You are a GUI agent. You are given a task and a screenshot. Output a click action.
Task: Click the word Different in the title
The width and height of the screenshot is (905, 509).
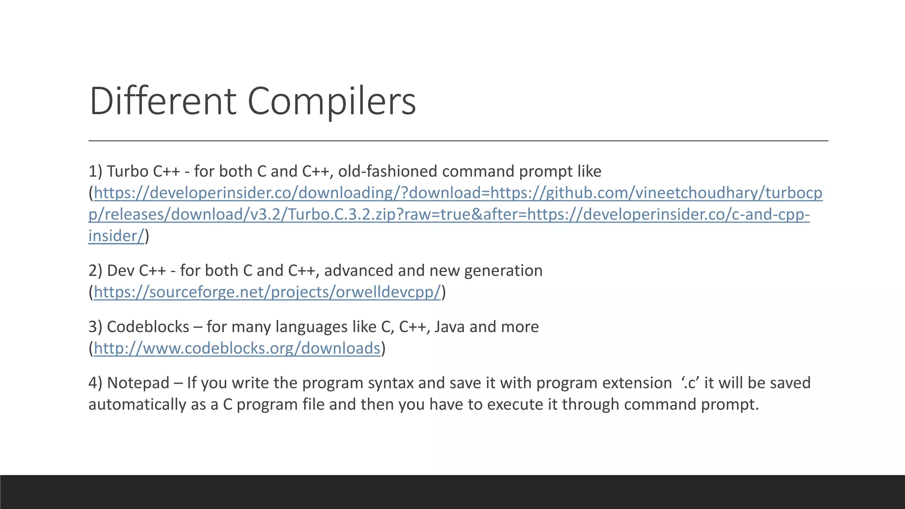pos(163,101)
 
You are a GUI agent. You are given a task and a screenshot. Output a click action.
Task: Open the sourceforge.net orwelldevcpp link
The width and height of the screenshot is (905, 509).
pos(267,292)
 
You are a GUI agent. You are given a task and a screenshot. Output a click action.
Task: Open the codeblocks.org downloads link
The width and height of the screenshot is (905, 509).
pos(237,348)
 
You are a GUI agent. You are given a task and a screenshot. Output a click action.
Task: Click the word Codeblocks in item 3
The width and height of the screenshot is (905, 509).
pos(148,327)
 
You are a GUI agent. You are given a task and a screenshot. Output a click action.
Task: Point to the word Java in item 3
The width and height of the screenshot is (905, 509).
pos(449,327)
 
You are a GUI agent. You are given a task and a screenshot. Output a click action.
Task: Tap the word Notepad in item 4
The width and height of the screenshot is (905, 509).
pos(138,383)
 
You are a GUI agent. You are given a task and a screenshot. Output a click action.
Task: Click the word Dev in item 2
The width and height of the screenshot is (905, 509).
pos(120,270)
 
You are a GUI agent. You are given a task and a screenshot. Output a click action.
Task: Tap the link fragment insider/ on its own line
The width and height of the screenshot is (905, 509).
pos(116,236)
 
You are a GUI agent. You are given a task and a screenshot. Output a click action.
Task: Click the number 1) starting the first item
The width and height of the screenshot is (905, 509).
pos(95,171)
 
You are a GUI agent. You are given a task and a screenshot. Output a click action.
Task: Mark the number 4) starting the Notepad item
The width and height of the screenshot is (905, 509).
pos(95,383)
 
